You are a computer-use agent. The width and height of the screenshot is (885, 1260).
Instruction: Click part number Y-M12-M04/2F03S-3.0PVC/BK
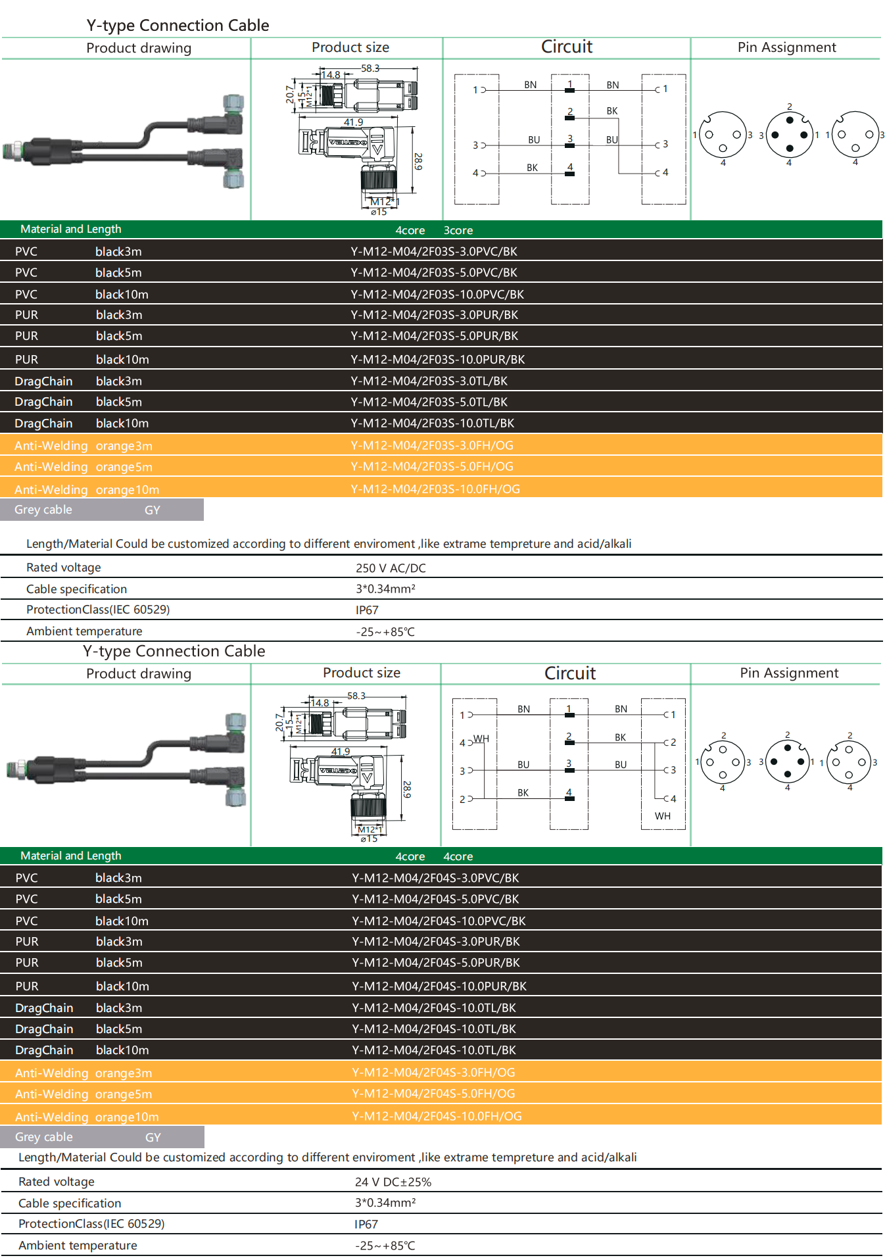pos(434,252)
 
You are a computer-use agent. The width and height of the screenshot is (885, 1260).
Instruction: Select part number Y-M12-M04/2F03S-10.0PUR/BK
pos(437,360)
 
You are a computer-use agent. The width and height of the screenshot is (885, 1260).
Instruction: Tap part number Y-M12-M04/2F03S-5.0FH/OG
pos(432,467)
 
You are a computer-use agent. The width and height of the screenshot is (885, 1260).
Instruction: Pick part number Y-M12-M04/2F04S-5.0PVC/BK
pos(435,899)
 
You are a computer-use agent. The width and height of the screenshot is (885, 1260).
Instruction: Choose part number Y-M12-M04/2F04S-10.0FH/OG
pos(437,1116)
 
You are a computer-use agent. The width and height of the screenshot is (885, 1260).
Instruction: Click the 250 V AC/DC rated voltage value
pos(391,568)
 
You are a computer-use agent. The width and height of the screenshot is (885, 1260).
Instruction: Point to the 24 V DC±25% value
pos(393,1182)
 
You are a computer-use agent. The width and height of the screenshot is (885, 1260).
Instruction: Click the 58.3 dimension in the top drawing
pos(370,68)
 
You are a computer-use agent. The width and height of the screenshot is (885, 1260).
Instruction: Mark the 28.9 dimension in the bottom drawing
pos(407,789)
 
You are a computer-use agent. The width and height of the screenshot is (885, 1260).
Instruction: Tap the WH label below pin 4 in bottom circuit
pos(662,816)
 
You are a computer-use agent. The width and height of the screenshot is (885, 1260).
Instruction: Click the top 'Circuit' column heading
pos(566,47)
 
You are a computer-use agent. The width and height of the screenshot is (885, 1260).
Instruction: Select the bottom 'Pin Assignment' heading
pos(788,673)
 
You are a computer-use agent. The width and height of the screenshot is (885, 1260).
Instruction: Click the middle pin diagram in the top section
pos(789,135)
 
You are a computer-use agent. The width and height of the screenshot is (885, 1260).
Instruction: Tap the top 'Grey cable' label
pos(43,510)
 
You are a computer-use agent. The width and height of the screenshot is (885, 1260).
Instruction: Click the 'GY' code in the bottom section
pos(153,1137)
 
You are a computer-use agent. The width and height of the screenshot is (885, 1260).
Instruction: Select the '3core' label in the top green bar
pos(458,231)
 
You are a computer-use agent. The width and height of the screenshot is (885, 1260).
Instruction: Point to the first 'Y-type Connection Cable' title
pos(178,26)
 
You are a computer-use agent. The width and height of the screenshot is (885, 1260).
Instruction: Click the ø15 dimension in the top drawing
pos(379,212)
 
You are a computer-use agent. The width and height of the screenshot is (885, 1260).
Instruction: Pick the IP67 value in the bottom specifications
pos(366,1224)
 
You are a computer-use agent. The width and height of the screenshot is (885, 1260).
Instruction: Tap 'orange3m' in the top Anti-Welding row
pos(124,446)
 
